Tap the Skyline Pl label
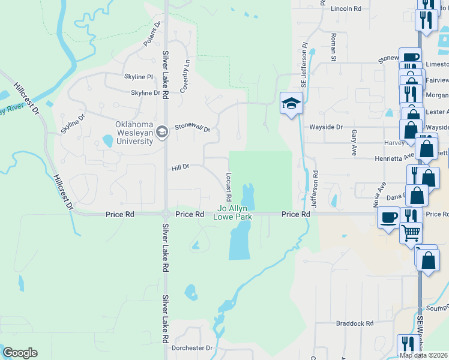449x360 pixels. pyautogui.click(x=139, y=77)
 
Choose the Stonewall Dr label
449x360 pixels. pyautogui.click(x=193, y=128)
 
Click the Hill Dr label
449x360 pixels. pyautogui.click(x=181, y=167)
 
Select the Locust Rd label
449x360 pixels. pyautogui.click(x=229, y=187)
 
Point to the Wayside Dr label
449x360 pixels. pyautogui.click(x=325, y=127)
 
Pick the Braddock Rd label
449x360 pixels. pyautogui.click(x=351, y=323)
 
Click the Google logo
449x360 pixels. pyautogui.click(x=20, y=353)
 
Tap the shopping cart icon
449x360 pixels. pyautogui.click(x=411, y=232)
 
